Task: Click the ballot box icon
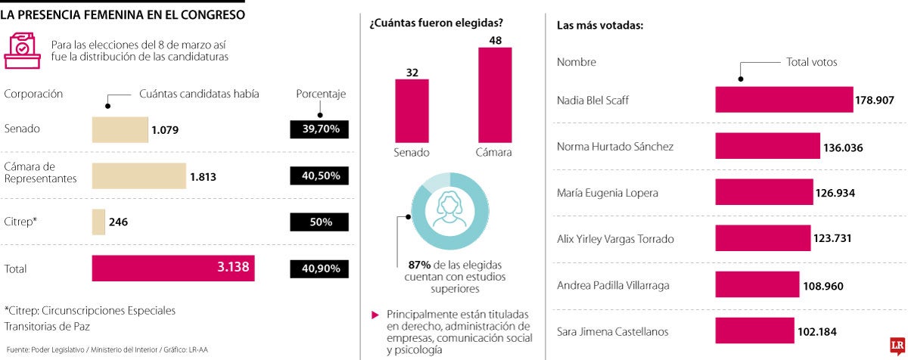[x=22, y=50]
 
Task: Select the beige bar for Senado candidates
[x=120, y=129]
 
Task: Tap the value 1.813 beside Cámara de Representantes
[x=203, y=176]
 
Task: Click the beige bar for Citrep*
[x=98, y=222]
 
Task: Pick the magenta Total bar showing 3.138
[x=173, y=268]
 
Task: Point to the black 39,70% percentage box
[x=320, y=129]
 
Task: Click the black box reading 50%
[x=320, y=222]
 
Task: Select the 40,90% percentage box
[x=320, y=268]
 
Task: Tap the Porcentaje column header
[x=320, y=95]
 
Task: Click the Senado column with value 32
[x=412, y=110]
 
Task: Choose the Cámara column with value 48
[x=495, y=95]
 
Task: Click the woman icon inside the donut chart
[x=449, y=211]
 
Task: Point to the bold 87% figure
[x=419, y=265]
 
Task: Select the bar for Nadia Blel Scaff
[x=784, y=100]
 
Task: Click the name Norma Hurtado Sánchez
[x=614, y=147]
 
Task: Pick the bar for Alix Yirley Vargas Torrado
[x=763, y=239]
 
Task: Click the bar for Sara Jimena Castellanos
[x=754, y=331]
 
